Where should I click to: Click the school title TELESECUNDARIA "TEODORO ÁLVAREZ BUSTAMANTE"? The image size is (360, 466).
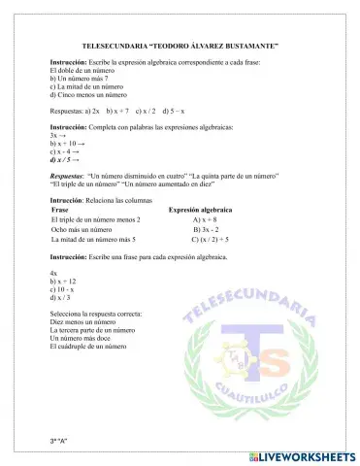click(x=180, y=46)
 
